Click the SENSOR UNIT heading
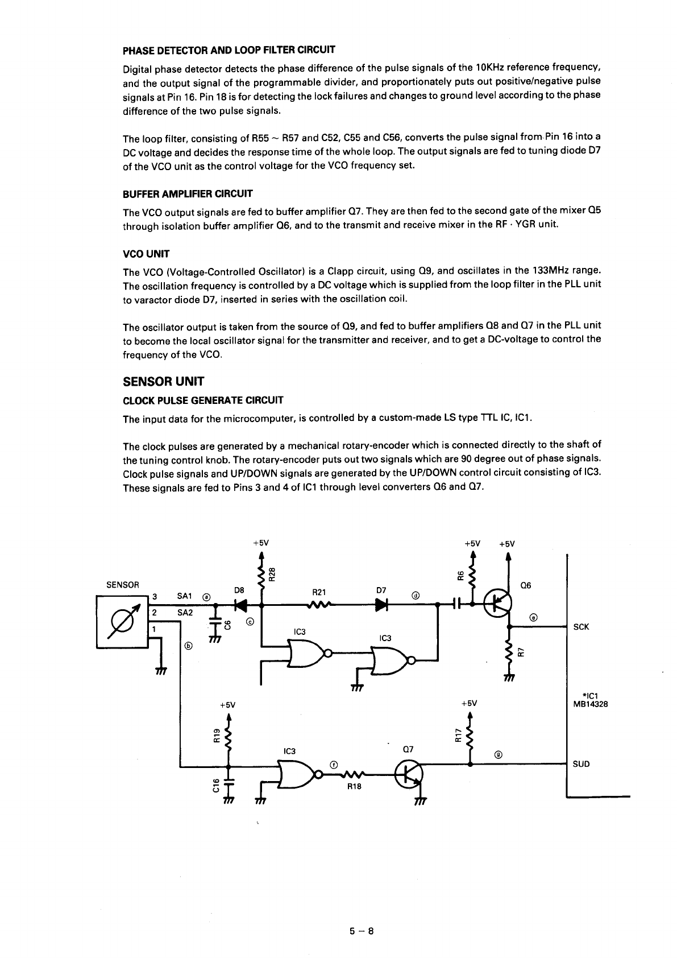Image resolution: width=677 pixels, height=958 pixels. coord(163,382)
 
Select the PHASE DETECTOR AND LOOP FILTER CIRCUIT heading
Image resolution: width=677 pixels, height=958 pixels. coord(229,49)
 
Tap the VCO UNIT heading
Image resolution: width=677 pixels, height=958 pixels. coord(146,254)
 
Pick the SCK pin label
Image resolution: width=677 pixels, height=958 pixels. coord(581,627)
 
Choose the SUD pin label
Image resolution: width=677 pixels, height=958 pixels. coord(581,764)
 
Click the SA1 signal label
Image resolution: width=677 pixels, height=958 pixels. coord(185,596)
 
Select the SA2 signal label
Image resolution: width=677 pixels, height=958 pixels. coord(185,612)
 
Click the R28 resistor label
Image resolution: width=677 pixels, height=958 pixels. coord(272,574)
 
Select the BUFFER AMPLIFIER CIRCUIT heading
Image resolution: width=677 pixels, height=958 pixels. coord(188,194)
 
